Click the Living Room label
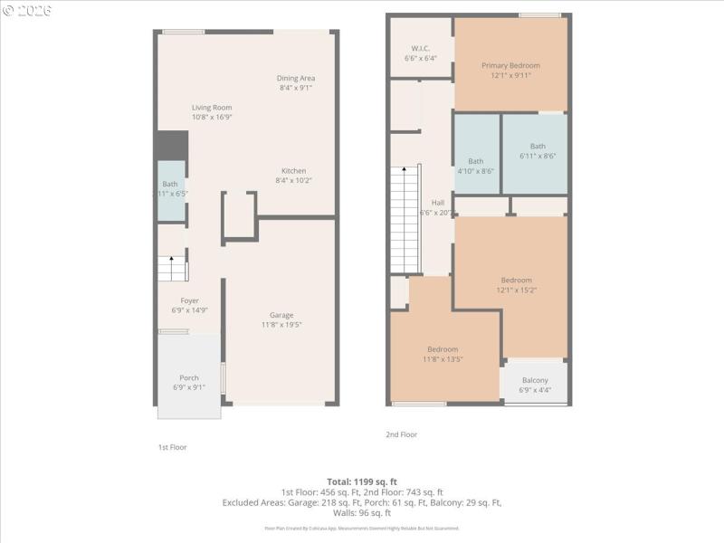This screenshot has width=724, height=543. pyautogui.click(x=212, y=108)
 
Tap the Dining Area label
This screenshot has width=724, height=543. pyautogui.click(x=296, y=78)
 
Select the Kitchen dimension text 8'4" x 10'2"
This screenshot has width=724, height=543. pyautogui.click(x=293, y=181)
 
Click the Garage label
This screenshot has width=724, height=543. pyautogui.click(x=281, y=315)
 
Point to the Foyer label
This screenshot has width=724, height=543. pyautogui.click(x=189, y=300)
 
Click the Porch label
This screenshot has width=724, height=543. pyautogui.click(x=189, y=377)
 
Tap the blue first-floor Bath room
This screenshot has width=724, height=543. pyautogui.click(x=170, y=189)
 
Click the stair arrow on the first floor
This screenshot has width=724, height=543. pyautogui.click(x=172, y=259)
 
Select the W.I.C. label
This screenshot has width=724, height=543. pyautogui.click(x=420, y=48)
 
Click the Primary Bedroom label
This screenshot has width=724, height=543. pyautogui.click(x=510, y=65)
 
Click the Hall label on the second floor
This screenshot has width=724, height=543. pyautogui.click(x=438, y=203)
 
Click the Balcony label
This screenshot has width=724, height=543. pyautogui.click(x=535, y=380)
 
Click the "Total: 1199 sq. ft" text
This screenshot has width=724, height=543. pyautogui.click(x=362, y=481)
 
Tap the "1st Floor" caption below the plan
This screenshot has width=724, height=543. pyautogui.click(x=172, y=447)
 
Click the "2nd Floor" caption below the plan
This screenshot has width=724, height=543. pyautogui.click(x=402, y=434)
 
